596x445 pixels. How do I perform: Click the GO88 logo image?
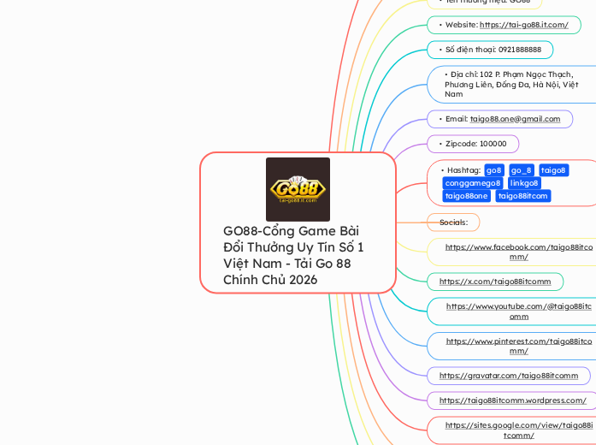[298, 189]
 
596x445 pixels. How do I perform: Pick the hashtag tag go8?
[494, 170]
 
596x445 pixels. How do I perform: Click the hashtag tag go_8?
[522, 170]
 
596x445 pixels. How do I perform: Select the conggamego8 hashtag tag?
[473, 183]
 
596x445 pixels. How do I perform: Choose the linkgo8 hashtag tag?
[524, 183]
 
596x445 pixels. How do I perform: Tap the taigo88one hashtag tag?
[466, 196]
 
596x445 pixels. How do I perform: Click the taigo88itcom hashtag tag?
[522, 196]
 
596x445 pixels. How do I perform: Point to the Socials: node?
[453, 222]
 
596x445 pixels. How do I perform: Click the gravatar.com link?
[509, 376]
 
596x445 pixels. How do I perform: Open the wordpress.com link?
[512, 400]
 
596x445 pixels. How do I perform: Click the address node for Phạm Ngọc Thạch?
[511, 84]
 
